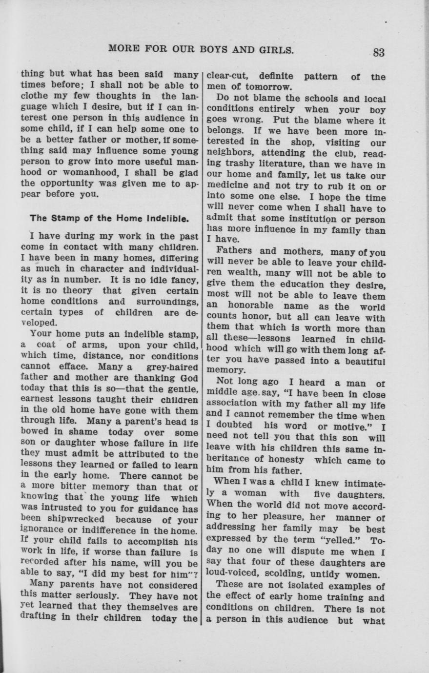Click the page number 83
click(x=379, y=52)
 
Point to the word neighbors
click(x=231, y=154)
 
